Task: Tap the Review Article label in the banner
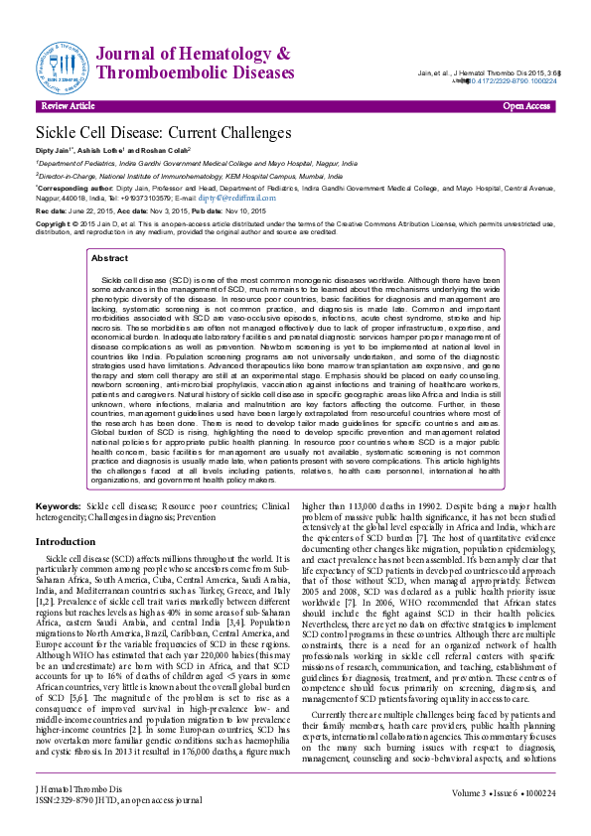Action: [69, 106]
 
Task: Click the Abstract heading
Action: [109, 258]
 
